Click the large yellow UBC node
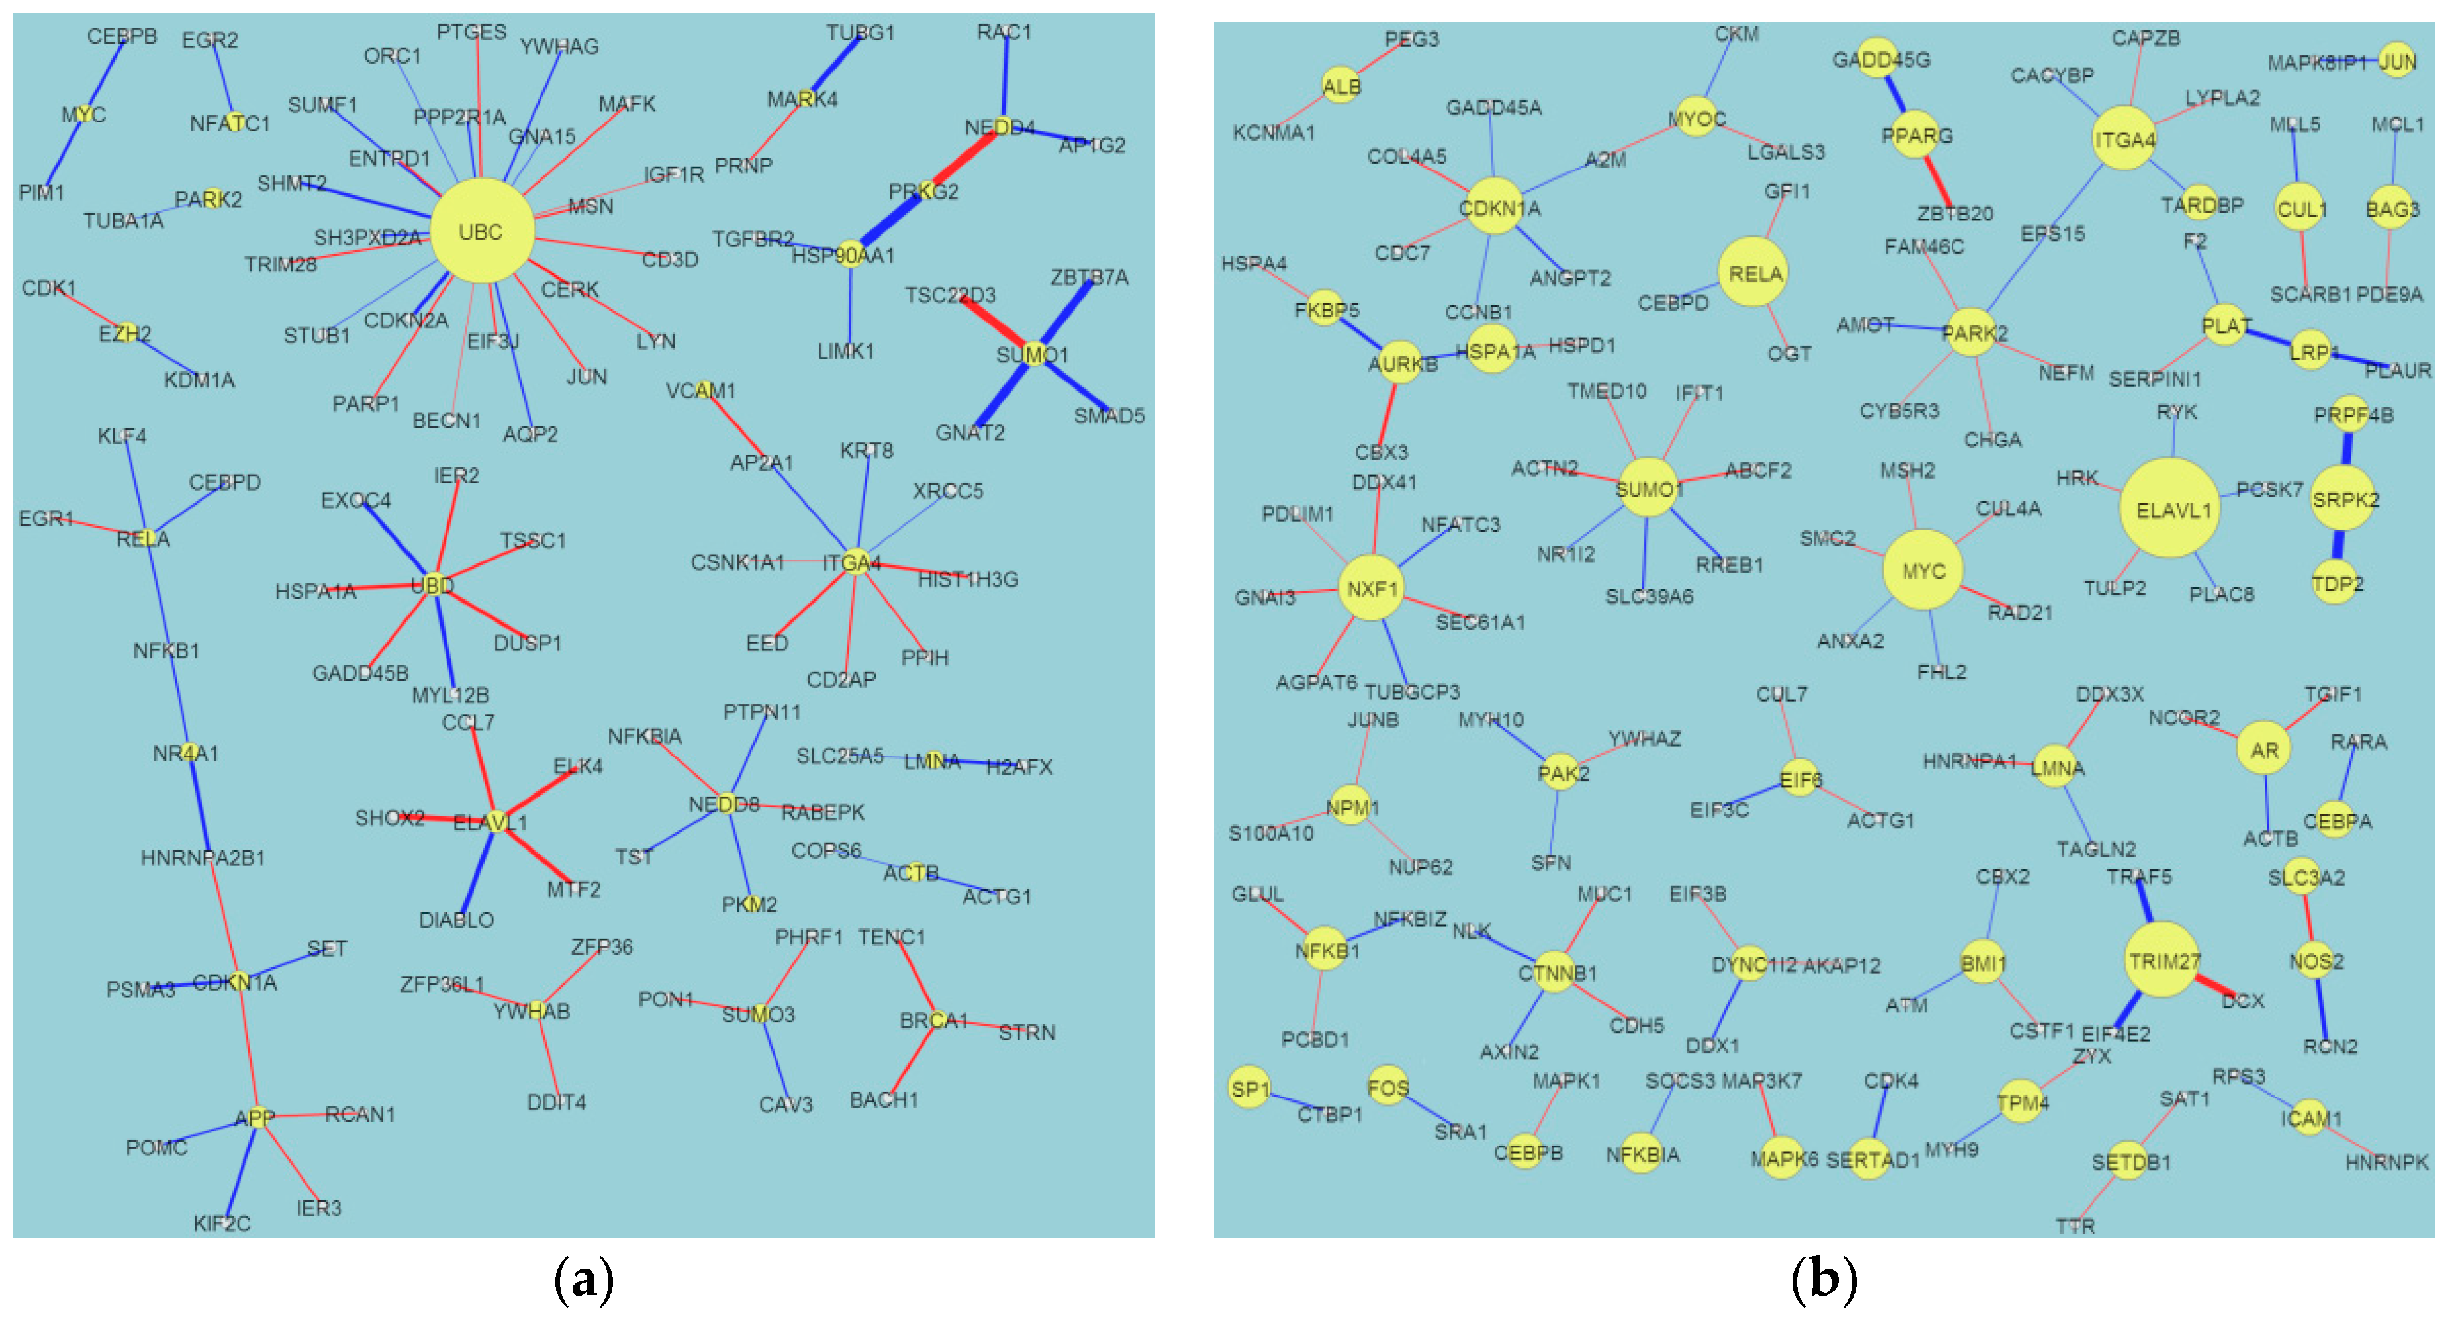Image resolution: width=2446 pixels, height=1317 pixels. click(x=481, y=230)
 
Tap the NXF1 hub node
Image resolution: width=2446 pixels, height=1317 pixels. click(x=1371, y=589)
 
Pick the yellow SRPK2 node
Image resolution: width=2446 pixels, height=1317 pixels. click(x=2345, y=499)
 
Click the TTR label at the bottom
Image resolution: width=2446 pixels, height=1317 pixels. click(x=2075, y=1226)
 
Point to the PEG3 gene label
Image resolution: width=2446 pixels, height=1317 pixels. click(x=1411, y=40)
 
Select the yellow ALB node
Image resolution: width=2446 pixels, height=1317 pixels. click(x=1341, y=86)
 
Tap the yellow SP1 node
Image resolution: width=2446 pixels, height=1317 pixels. click(x=1248, y=1088)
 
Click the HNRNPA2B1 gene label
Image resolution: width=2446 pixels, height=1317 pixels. click(x=203, y=858)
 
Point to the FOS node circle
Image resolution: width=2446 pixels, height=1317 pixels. click(x=1388, y=1087)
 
